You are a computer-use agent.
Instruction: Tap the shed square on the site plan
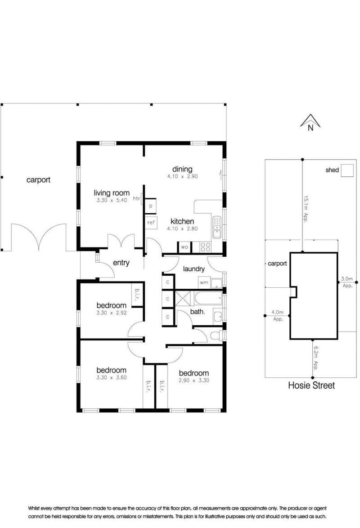(x=347, y=170)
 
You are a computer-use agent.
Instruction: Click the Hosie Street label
(x=311, y=385)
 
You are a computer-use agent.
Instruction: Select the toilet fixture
(x=217, y=336)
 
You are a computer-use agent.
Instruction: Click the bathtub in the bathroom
(x=208, y=298)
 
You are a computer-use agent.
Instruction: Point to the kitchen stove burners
(x=206, y=247)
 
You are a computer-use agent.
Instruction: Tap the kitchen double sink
(x=217, y=227)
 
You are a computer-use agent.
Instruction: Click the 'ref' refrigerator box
(x=151, y=223)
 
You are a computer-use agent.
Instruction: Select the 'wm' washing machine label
(x=203, y=282)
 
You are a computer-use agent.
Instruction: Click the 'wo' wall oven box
(x=184, y=247)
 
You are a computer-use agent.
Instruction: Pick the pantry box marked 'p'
(x=151, y=206)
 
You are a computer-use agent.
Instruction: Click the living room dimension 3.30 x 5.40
(x=112, y=200)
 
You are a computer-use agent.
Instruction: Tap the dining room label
(x=182, y=169)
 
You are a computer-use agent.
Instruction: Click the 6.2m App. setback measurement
(x=316, y=358)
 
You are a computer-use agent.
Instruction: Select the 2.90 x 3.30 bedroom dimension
(x=194, y=380)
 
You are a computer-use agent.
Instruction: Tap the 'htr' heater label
(x=136, y=198)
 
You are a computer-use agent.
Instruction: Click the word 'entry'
(x=121, y=263)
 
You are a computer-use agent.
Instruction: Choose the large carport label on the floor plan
(x=38, y=180)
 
